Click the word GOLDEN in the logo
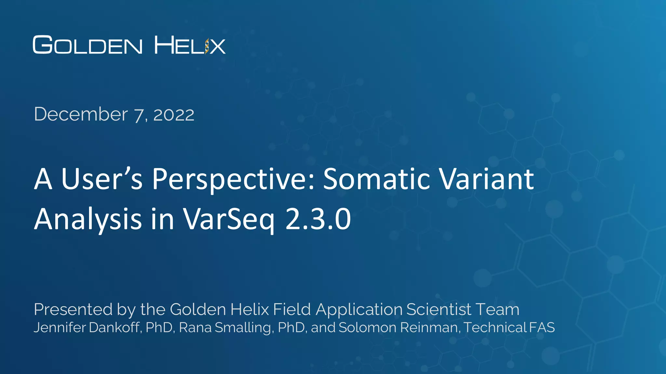tap(87, 45)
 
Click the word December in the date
tap(81, 114)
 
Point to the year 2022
tap(174, 115)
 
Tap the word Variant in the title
tap(486, 179)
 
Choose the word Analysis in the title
tap(88, 219)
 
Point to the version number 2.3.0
tap(318, 219)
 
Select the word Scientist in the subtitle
tap(439, 309)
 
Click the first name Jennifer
tap(59, 328)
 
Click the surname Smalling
tap(243, 328)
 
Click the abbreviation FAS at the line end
tap(542, 328)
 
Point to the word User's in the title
tap(102, 179)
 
